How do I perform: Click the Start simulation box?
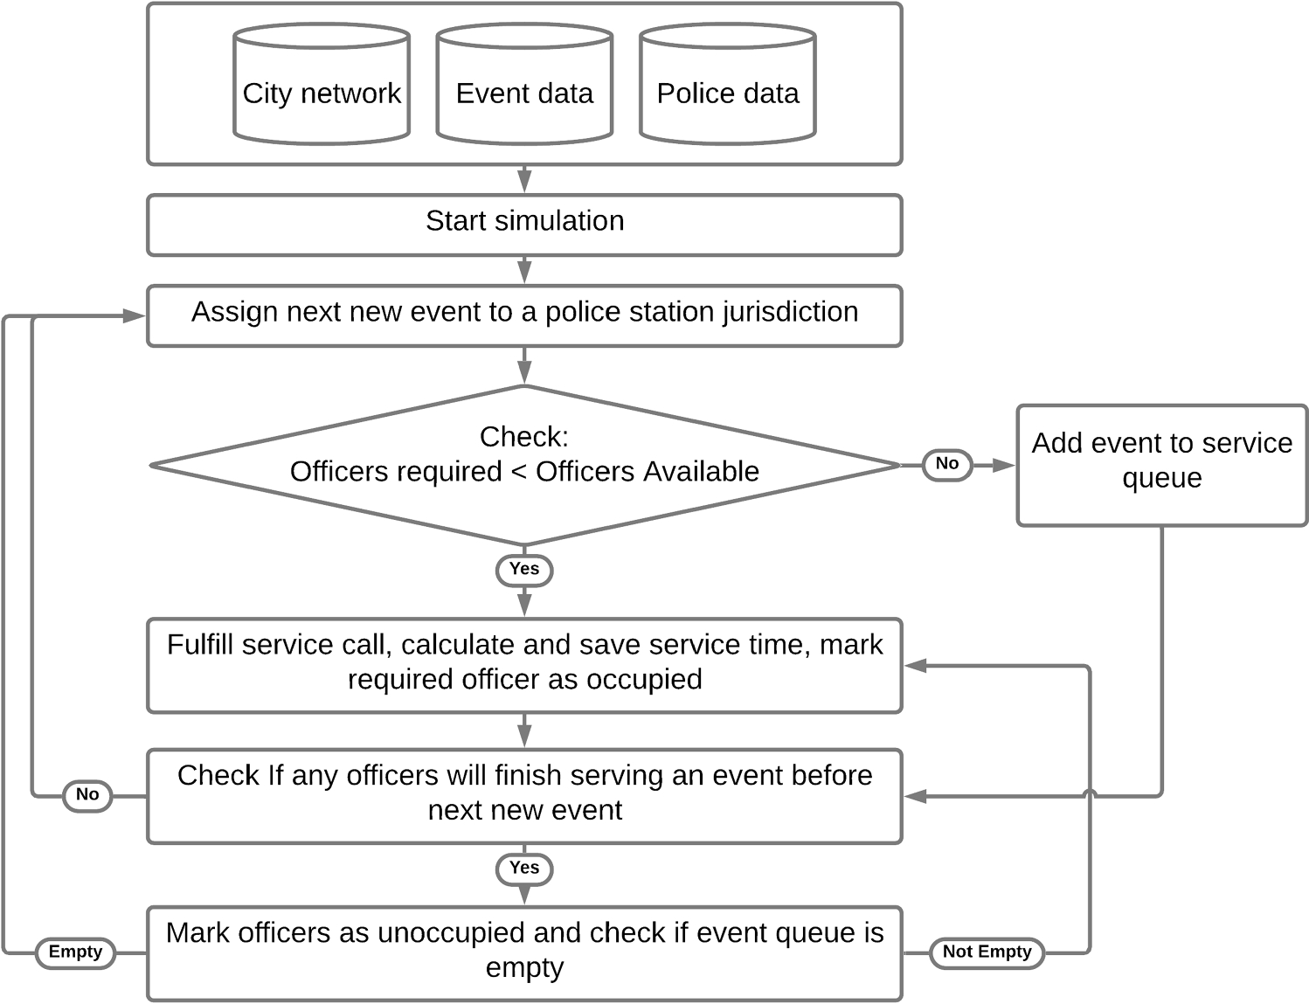[524, 225]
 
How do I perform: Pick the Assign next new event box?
[524, 315]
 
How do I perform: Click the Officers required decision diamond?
[524, 465]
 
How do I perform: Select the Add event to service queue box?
[1161, 465]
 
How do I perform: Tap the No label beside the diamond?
[947, 464]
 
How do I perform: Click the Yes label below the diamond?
[524, 569]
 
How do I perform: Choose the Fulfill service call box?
[524, 665]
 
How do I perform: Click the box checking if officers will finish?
[524, 795]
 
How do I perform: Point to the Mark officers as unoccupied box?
[524, 952]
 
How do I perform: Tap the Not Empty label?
[987, 952]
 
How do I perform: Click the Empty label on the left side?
[75, 952]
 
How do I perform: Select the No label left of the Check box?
[87, 794]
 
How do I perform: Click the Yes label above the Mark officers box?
[524, 868]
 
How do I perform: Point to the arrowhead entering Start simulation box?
[524, 182]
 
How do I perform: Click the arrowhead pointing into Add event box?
[1003, 465]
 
